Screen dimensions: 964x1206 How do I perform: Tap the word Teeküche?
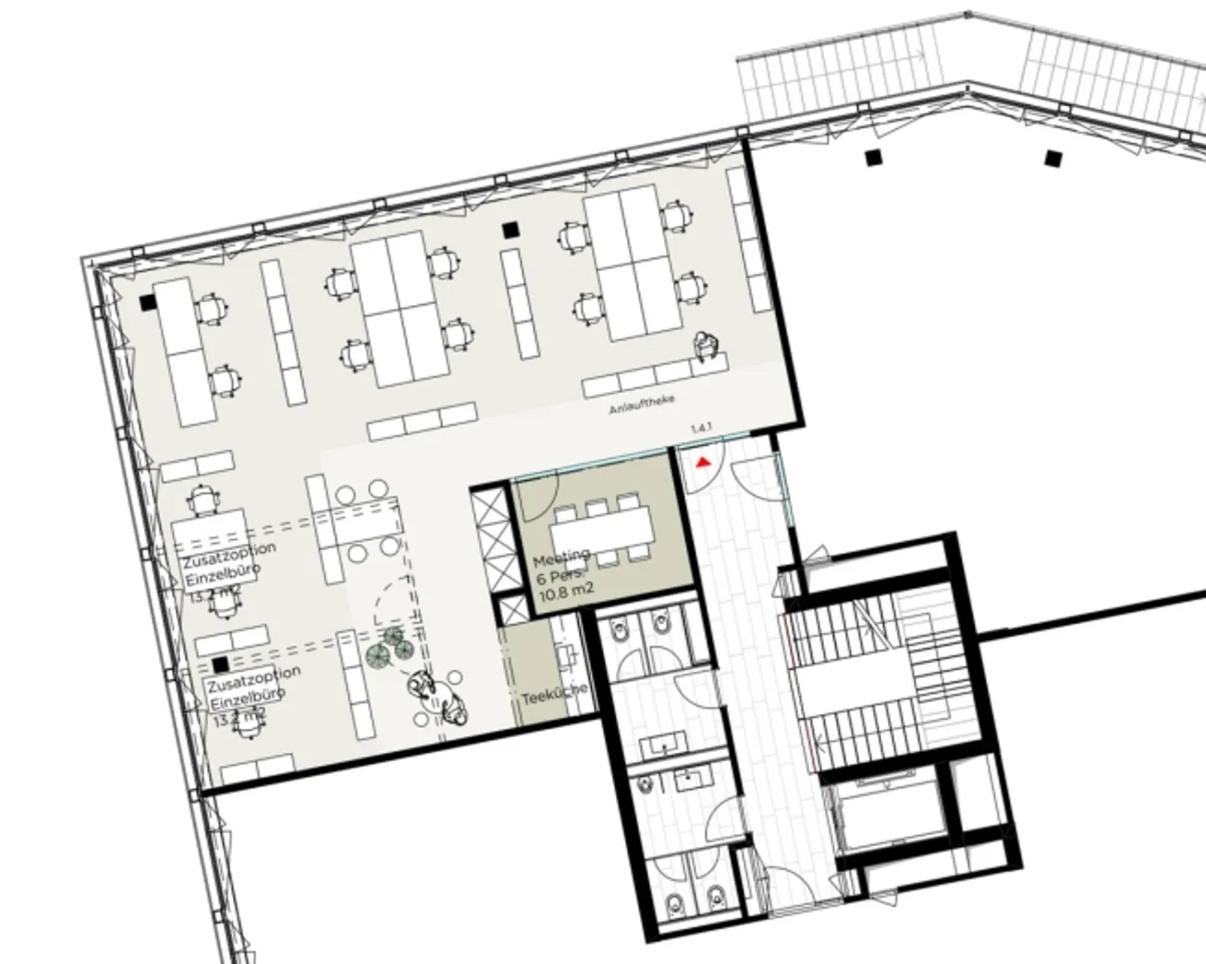pos(554,697)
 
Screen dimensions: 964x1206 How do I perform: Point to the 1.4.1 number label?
pos(701,429)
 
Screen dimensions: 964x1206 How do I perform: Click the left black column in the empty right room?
pos(874,157)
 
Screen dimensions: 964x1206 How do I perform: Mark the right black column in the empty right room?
pos(1053,157)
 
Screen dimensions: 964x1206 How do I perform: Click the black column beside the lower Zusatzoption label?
pos(220,664)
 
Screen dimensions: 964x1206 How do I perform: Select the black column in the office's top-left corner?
pos(148,302)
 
